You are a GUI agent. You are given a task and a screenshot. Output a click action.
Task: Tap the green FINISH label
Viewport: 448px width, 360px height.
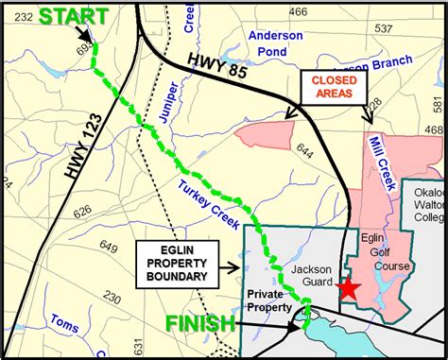pyautogui.click(x=200, y=324)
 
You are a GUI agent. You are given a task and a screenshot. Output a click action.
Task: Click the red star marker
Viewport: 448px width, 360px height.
pyautogui.click(x=349, y=289)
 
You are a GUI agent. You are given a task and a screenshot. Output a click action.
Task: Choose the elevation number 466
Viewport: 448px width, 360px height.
pyautogui.click(x=299, y=12)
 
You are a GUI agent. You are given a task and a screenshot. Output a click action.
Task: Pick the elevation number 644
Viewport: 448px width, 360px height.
pyautogui.click(x=304, y=148)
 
